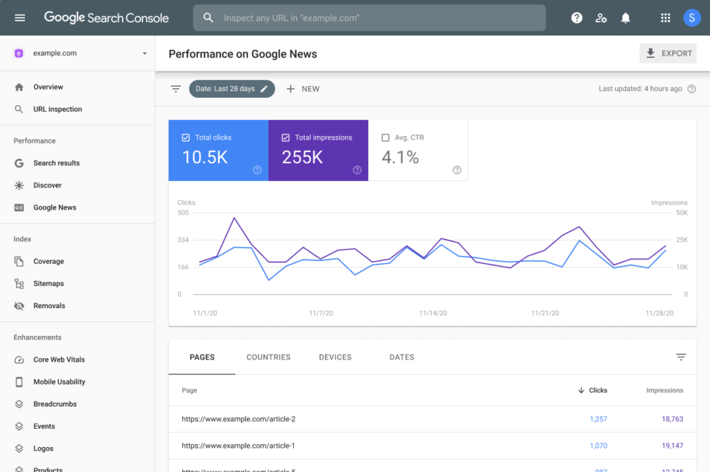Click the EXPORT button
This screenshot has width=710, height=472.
(668, 53)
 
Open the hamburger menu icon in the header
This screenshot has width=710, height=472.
(20, 18)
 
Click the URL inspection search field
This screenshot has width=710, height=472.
(369, 18)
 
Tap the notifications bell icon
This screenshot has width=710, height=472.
(625, 18)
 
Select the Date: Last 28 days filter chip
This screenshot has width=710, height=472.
(232, 89)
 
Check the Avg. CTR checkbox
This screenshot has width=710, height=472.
(386, 137)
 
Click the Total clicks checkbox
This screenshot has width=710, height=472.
(186, 137)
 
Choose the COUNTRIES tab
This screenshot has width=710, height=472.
(268, 357)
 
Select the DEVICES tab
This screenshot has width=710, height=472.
(335, 357)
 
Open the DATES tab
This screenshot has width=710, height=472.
(401, 357)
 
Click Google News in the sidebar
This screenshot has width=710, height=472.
(55, 208)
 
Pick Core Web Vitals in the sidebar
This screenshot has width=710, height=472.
(59, 360)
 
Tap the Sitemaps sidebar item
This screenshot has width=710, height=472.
(49, 284)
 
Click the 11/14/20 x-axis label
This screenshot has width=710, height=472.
(433, 314)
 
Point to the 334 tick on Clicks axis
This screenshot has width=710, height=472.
(183, 240)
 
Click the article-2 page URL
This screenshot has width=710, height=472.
(239, 419)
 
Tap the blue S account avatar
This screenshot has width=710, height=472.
(691, 18)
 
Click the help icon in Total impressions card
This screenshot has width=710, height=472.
(356, 170)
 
